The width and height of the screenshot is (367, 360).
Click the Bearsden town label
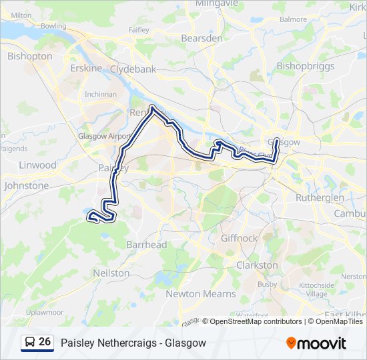click(202, 39)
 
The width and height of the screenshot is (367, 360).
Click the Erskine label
click(86, 69)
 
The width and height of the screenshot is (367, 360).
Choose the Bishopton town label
click(29, 57)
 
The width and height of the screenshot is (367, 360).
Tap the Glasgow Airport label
click(105, 136)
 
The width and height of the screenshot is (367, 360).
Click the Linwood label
click(38, 165)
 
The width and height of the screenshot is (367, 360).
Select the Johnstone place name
click(27, 185)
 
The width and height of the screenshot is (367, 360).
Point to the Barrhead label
click(146, 245)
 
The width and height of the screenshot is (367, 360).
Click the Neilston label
click(111, 273)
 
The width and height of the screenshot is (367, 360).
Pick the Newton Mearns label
click(200, 294)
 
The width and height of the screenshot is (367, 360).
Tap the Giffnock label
click(239, 238)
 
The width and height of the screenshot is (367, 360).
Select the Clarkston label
click(257, 265)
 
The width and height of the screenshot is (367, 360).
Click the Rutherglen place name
click(320, 198)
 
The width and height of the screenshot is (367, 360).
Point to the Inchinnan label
click(100, 94)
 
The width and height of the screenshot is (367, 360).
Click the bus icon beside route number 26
click(30, 343)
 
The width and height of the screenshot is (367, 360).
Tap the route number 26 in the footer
click(45, 342)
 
